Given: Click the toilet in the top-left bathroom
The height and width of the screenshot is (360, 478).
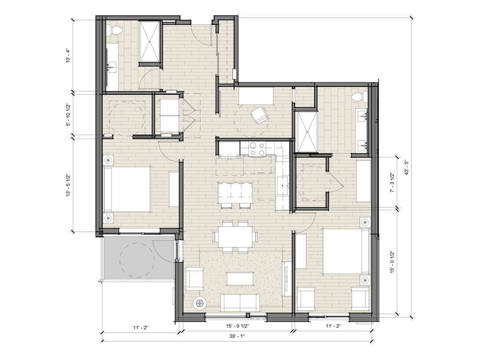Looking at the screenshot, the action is pos(115,30).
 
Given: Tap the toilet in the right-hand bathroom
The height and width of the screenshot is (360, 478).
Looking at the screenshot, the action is pos(358,97).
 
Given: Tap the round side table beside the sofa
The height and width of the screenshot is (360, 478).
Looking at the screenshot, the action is pos(200,303).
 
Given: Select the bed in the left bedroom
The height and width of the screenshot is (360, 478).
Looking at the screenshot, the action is pos(127,189).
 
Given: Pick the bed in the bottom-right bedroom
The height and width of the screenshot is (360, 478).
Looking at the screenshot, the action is pos(347,251).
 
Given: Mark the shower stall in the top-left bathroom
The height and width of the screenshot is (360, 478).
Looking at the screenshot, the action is pos(150,42).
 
